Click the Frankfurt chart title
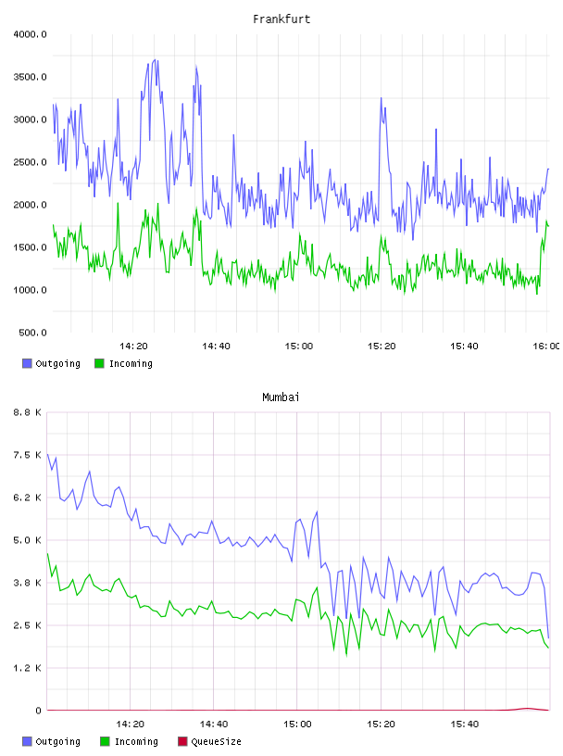point(281,19)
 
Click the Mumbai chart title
point(281,397)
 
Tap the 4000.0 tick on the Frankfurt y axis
point(30,34)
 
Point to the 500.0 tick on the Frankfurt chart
point(32,333)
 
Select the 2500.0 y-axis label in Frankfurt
point(30,162)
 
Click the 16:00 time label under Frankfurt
point(545,346)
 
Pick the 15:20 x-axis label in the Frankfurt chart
point(382,346)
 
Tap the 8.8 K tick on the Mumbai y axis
point(28,412)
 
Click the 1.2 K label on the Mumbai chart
point(28,668)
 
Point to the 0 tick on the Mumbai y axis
point(39,711)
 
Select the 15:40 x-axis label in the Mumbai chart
point(465,724)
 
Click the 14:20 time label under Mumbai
point(131,724)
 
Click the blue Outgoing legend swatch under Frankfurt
point(27,363)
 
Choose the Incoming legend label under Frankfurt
point(131,363)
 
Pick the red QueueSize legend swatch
point(182,741)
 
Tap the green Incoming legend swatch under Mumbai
point(105,741)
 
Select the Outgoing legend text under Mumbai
point(57,741)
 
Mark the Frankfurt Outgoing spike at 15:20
point(382,98)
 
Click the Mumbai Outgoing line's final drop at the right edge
point(546,612)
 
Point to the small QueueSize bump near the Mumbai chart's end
point(527,708)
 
